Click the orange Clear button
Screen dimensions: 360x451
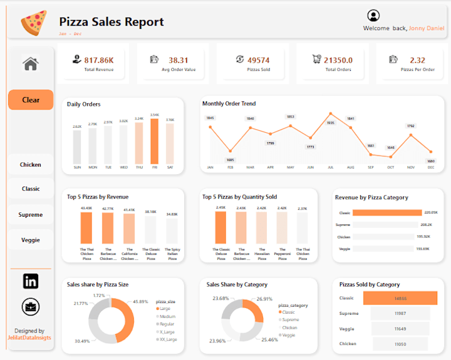31,100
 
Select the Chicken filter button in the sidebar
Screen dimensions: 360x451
31,165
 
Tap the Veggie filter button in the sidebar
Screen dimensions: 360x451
31,240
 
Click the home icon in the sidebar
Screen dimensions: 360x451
31,63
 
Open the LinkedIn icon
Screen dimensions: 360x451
31,281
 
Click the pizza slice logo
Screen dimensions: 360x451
33,23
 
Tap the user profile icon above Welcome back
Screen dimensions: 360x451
373,16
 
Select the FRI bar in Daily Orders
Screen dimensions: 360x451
154,141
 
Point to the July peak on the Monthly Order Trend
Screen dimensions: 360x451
330,114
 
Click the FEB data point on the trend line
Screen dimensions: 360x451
230,151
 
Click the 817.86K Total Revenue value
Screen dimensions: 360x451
99,60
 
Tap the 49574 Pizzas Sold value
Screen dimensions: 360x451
258,60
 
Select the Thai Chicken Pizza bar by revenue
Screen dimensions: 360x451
87,227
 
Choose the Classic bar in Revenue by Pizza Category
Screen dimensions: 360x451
387,213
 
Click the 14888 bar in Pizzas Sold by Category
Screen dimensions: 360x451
400,299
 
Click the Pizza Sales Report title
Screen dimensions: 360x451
111,22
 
